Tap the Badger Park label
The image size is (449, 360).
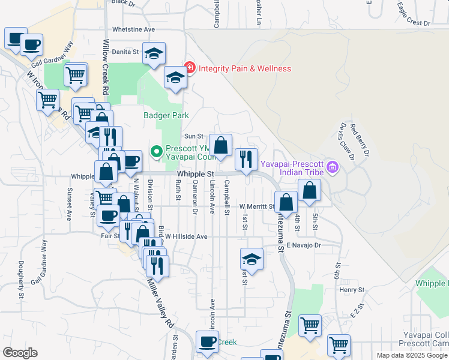(166, 115)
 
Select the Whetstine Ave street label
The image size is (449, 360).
(133, 29)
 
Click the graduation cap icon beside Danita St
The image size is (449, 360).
(154, 53)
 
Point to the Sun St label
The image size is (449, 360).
(190, 136)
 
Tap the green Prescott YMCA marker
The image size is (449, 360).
(157, 152)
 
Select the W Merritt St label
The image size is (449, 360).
(257, 206)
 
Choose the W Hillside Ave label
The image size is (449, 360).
(186, 236)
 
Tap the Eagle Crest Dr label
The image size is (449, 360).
(414, 16)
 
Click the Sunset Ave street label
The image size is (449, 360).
(70, 204)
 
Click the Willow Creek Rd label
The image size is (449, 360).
(106, 66)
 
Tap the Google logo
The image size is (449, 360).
(20, 353)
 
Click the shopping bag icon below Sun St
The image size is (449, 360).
(220, 145)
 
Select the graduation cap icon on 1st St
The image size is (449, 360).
(252, 260)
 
